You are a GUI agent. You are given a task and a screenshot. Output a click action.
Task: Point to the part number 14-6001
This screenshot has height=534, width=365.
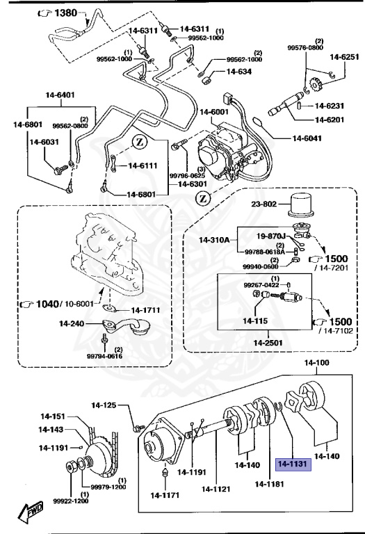(x=214, y=112)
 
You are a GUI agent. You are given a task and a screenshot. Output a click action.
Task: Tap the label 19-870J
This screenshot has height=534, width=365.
(x=273, y=236)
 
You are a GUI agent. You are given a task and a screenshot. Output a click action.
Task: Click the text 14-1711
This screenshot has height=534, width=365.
(x=145, y=308)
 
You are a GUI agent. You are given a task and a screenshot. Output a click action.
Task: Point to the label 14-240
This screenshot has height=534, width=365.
(x=71, y=323)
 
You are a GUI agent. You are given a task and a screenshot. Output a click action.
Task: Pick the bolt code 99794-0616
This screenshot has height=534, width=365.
(x=105, y=355)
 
